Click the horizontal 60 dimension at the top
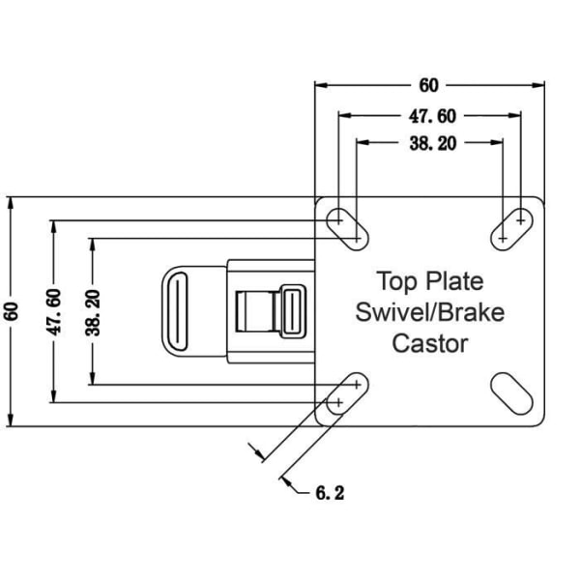pos(428,85)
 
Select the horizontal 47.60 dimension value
pos(432,116)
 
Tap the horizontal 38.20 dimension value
pos(433,143)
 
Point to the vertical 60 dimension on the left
pos(12,311)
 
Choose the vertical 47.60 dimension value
pos(53,312)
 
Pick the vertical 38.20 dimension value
pos(93,313)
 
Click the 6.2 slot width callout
pos(330,493)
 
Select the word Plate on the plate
pos(454,281)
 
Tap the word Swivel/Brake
pos(430,312)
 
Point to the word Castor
pos(430,343)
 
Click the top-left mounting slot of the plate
pos(348,229)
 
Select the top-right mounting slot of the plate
pos(512,229)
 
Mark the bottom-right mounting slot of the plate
pos(512,393)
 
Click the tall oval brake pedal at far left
pos(178,311)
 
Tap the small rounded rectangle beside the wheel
pos(293,311)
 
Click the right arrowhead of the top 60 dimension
pos(538,85)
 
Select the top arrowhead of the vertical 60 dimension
pos(11,203)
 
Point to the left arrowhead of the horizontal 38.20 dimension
pos(362,142)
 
